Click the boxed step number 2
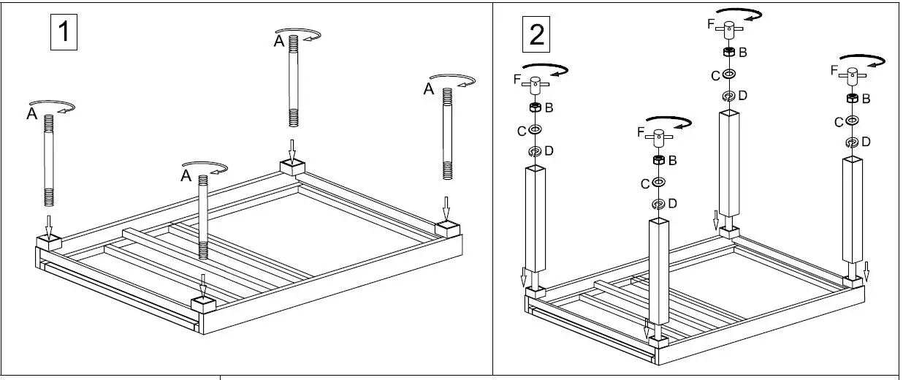[536, 34]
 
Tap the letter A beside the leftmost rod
[32, 114]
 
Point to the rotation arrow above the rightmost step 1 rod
[453, 80]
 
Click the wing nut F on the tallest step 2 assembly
[729, 29]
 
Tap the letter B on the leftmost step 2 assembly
[549, 107]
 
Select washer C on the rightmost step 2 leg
[852, 121]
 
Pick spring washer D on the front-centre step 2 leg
[658, 203]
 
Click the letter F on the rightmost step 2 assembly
[834, 70]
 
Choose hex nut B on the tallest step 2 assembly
[728, 52]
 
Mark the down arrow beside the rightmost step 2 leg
[866, 271]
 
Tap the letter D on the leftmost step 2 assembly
[549, 151]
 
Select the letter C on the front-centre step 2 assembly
[645, 183]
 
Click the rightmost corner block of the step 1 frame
[447, 229]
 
